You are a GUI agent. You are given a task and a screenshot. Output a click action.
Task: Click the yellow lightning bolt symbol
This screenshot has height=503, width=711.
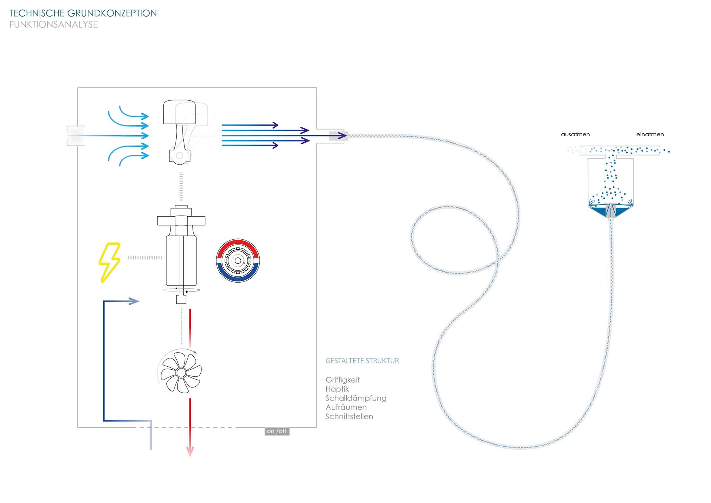point(109,262)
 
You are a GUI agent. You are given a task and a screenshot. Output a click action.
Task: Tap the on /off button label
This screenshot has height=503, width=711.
point(277,431)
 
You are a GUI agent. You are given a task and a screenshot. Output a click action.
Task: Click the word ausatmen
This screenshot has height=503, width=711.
point(575,134)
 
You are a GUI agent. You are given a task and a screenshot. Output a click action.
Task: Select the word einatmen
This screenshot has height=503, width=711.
point(650,134)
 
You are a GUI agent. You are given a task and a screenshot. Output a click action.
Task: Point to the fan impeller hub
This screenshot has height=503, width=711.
point(181,372)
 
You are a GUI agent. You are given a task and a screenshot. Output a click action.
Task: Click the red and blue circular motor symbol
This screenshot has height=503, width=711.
point(238,261)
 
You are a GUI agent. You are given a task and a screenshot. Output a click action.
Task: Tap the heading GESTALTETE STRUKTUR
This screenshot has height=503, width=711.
point(362,361)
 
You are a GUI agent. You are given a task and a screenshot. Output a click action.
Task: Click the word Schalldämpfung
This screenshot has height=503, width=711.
point(356,398)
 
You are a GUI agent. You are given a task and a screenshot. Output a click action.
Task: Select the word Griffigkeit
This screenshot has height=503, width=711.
point(343,380)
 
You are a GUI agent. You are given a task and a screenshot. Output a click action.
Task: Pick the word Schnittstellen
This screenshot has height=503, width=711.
point(349,416)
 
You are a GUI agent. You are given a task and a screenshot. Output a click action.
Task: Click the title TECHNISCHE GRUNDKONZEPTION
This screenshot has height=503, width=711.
point(83,13)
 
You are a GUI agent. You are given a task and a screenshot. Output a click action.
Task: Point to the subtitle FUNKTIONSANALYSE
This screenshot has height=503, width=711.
point(54,24)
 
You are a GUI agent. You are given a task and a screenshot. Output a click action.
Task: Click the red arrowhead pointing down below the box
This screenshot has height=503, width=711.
point(190,452)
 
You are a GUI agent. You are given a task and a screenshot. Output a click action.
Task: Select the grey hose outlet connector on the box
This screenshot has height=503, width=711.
point(336,136)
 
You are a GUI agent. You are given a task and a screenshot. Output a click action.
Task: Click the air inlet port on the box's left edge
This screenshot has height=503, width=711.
point(76,136)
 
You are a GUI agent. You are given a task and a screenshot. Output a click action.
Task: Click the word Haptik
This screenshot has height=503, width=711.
point(337,389)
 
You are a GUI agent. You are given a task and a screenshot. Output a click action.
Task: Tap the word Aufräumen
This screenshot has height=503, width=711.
point(346,407)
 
